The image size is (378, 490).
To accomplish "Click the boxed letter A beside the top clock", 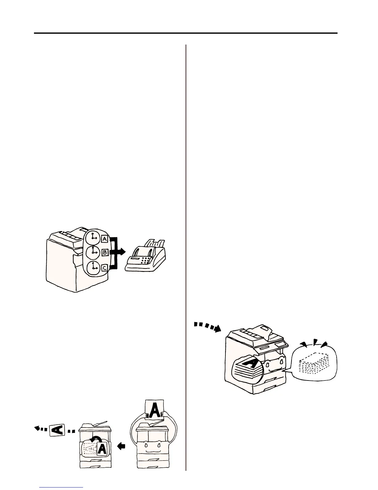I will pyautogui.click(x=104, y=239).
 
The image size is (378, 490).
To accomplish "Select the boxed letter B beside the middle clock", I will pyautogui.click(x=104, y=252).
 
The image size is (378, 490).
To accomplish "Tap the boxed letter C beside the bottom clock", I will pyautogui.click(x=104, y=268).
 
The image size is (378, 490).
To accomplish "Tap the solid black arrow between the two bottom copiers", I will pyautogui.click(x=122, y=446).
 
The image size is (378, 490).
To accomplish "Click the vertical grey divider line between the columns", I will pyautogui.click(x=186, y=257).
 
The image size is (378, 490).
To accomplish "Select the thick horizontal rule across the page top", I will pyautogui.click(x=185, y=33).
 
